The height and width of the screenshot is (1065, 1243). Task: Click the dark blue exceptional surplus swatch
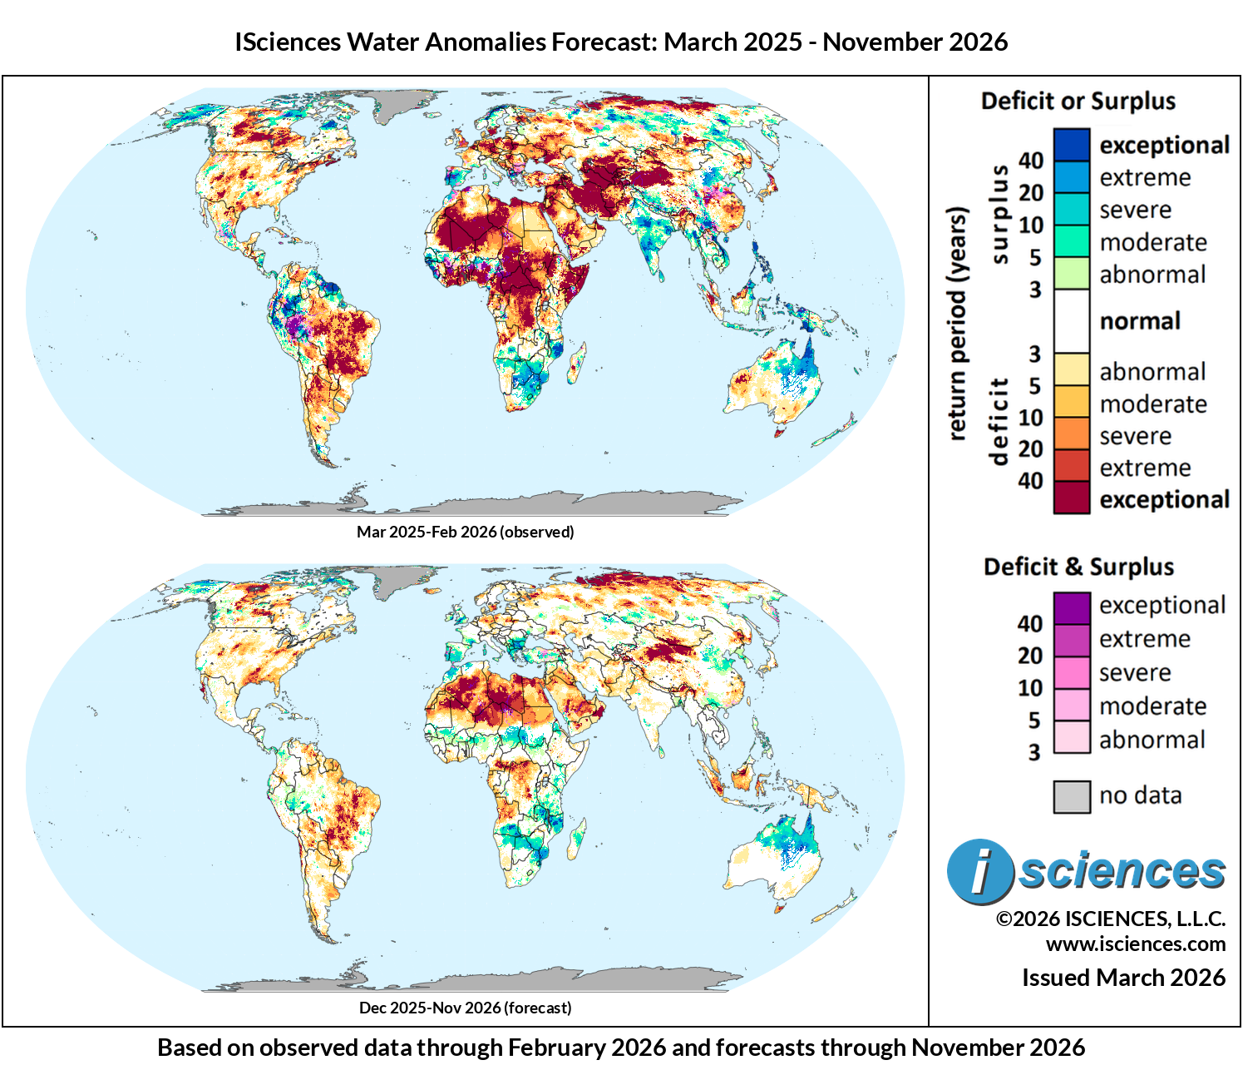tap(1071, 145)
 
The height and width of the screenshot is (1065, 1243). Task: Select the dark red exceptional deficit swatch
tap(1071, 498)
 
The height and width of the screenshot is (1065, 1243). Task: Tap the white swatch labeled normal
tap(1071, 321)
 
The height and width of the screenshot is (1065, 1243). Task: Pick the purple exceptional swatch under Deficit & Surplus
tap(1071, 607)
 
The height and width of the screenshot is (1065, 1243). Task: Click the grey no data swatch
tap(1071, 796)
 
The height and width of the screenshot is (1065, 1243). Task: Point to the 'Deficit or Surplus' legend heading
tap(1078, 102)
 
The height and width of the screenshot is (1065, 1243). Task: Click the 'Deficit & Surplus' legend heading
tap(1078, 567)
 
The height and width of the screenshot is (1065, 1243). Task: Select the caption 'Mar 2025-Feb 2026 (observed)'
tap(465, 532)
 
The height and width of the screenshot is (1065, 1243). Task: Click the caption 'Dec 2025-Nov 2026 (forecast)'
tap(465, 1008)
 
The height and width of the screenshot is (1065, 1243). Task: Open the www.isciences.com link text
tap(1135, 944)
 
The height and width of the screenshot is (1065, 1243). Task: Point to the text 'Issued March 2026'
tap(1123, 978)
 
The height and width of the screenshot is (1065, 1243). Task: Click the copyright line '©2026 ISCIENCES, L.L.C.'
tap(1110, 919)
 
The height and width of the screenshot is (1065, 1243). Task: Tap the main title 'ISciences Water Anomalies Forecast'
tap(620, 42)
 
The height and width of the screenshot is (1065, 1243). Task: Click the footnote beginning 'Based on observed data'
tap(620, 1048)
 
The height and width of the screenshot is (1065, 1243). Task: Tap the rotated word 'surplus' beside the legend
tap(999, 215)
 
